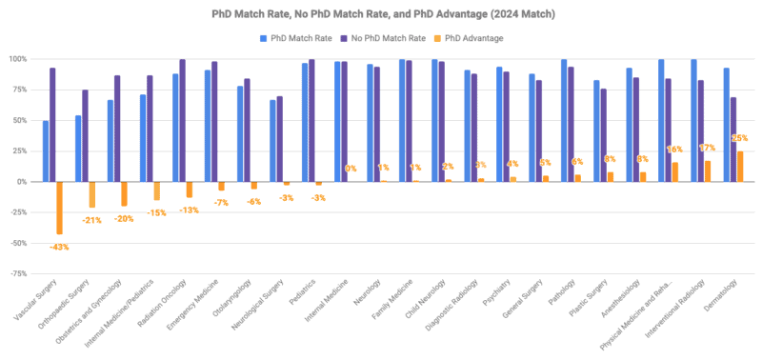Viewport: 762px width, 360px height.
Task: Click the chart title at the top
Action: tap(380, 16)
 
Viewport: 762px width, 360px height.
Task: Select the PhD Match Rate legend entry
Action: tap(296, 38)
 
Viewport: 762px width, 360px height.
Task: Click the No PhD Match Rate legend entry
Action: tap(391, 38)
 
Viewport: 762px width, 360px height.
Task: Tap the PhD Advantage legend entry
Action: tap(472, 38)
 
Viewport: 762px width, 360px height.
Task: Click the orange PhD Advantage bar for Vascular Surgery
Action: tap(59, 207)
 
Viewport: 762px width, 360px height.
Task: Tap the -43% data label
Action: tap(59, 247)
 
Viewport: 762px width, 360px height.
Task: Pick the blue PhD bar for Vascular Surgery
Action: tap(46, 150)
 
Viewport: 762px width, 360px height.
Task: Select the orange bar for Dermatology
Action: tap(740, 166)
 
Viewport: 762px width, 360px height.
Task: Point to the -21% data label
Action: tap(91, 220)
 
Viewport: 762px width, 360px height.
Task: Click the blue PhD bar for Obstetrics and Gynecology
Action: tap(110, 140)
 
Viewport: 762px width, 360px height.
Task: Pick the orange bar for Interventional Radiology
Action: tap(708, 170)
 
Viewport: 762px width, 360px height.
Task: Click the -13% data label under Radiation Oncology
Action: tap(189, 210)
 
